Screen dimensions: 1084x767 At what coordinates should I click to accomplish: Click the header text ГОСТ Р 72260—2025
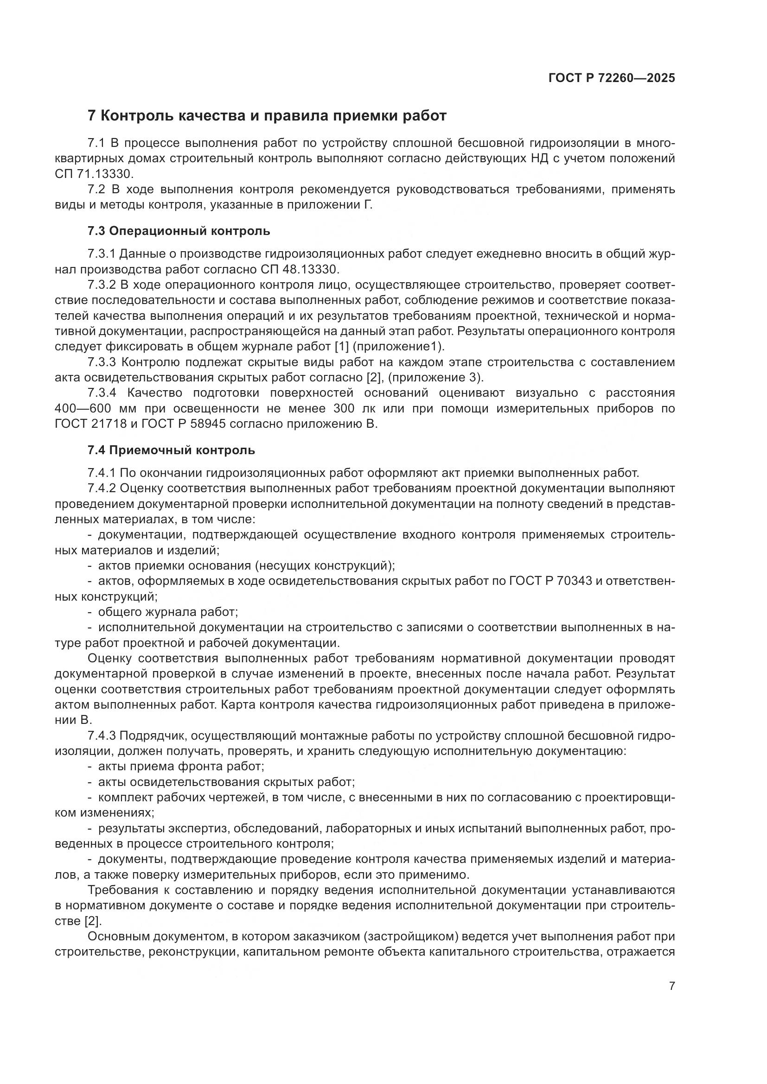pos(612,78)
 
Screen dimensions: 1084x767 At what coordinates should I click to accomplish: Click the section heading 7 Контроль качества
pos(267,116)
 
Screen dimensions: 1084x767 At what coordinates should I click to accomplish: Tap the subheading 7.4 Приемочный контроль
pos(171,450)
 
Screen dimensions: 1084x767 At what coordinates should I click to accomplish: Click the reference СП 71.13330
pos(94,174)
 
